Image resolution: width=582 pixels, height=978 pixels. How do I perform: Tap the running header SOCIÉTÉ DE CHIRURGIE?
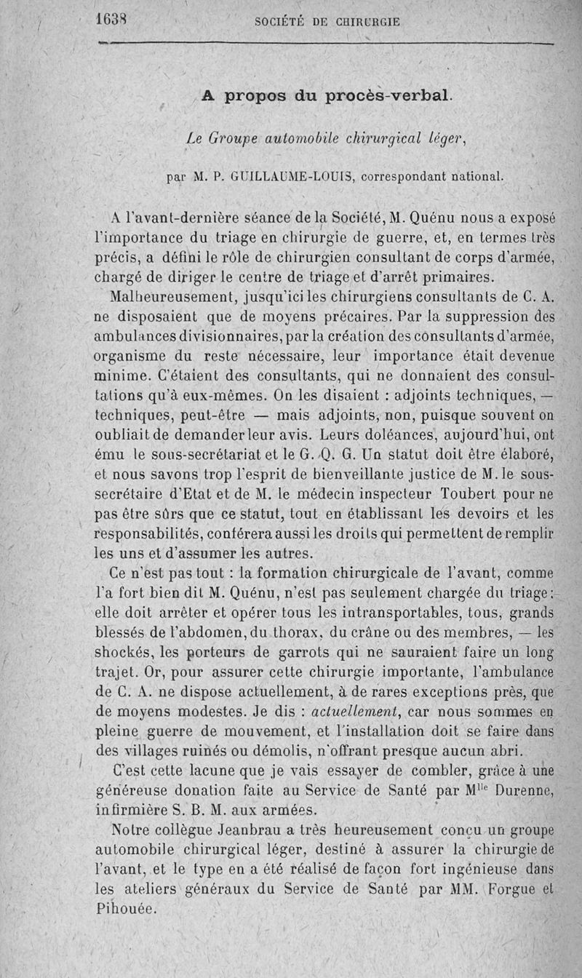tap(327, 21)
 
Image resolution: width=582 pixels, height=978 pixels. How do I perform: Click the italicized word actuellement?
tap(352, 709)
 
